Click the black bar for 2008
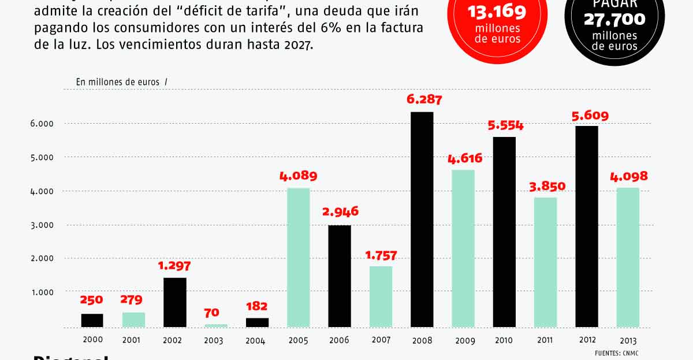coord(422,220)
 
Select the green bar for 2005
coord(298,258)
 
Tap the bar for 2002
coord(174,303)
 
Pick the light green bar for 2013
coord(628,258)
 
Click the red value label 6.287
coord(424,99)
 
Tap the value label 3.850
coord(547,186)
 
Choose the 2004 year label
coord(256,341)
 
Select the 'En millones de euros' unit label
coord(118,82)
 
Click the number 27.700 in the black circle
coord(614,20)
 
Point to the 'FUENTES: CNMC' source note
coord(619,353)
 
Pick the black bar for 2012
coord(587,227)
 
